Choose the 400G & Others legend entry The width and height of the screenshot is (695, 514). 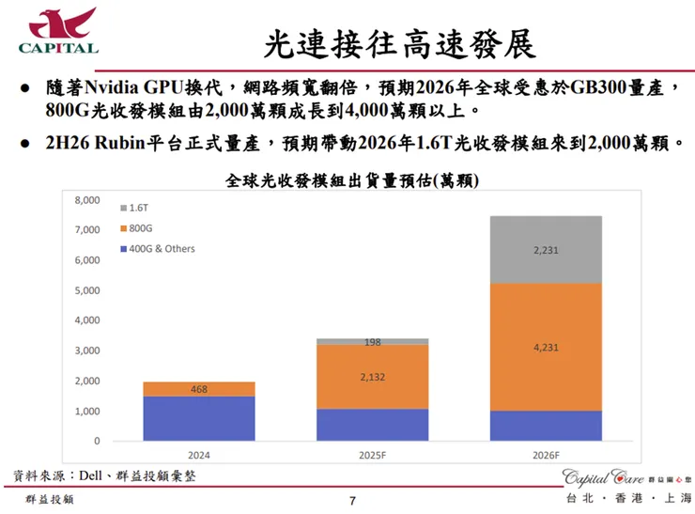tap(157, 249)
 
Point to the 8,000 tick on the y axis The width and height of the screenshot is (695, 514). tap(86, 200)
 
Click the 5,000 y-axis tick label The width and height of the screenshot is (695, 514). tap(86, 290)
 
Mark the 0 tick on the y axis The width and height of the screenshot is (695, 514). tap(96, 441)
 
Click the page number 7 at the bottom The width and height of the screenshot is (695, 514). tap(352, 500)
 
